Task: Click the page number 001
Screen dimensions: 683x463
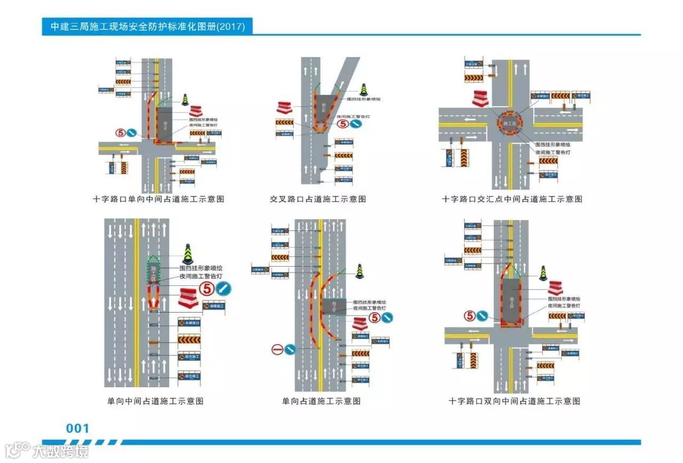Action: click(x=78, y=428)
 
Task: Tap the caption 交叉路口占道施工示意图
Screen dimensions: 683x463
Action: click(x=318, y=199)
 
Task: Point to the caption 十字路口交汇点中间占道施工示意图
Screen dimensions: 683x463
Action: click(x=512, y=199)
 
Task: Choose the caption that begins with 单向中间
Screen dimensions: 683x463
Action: click(x=155, y=401)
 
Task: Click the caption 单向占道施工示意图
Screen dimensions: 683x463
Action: click(x=321, y=401)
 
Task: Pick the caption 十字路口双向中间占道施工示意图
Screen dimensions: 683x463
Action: click(x=514, y=401)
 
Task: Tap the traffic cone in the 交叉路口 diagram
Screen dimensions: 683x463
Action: click(x=364, y=90)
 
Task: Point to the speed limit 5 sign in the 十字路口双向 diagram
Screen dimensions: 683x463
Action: click(x=470, y=316)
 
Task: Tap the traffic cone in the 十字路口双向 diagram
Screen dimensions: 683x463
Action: click(x=543, y=273)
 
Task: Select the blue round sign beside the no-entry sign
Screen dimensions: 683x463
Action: click(x=290, y=350)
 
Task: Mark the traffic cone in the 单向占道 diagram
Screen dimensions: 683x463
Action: click(x=360, y=271)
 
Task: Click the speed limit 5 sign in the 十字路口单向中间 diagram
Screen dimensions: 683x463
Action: click(x=121, y=132)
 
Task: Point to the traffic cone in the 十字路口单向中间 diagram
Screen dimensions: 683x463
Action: click(x=185, y=100)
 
